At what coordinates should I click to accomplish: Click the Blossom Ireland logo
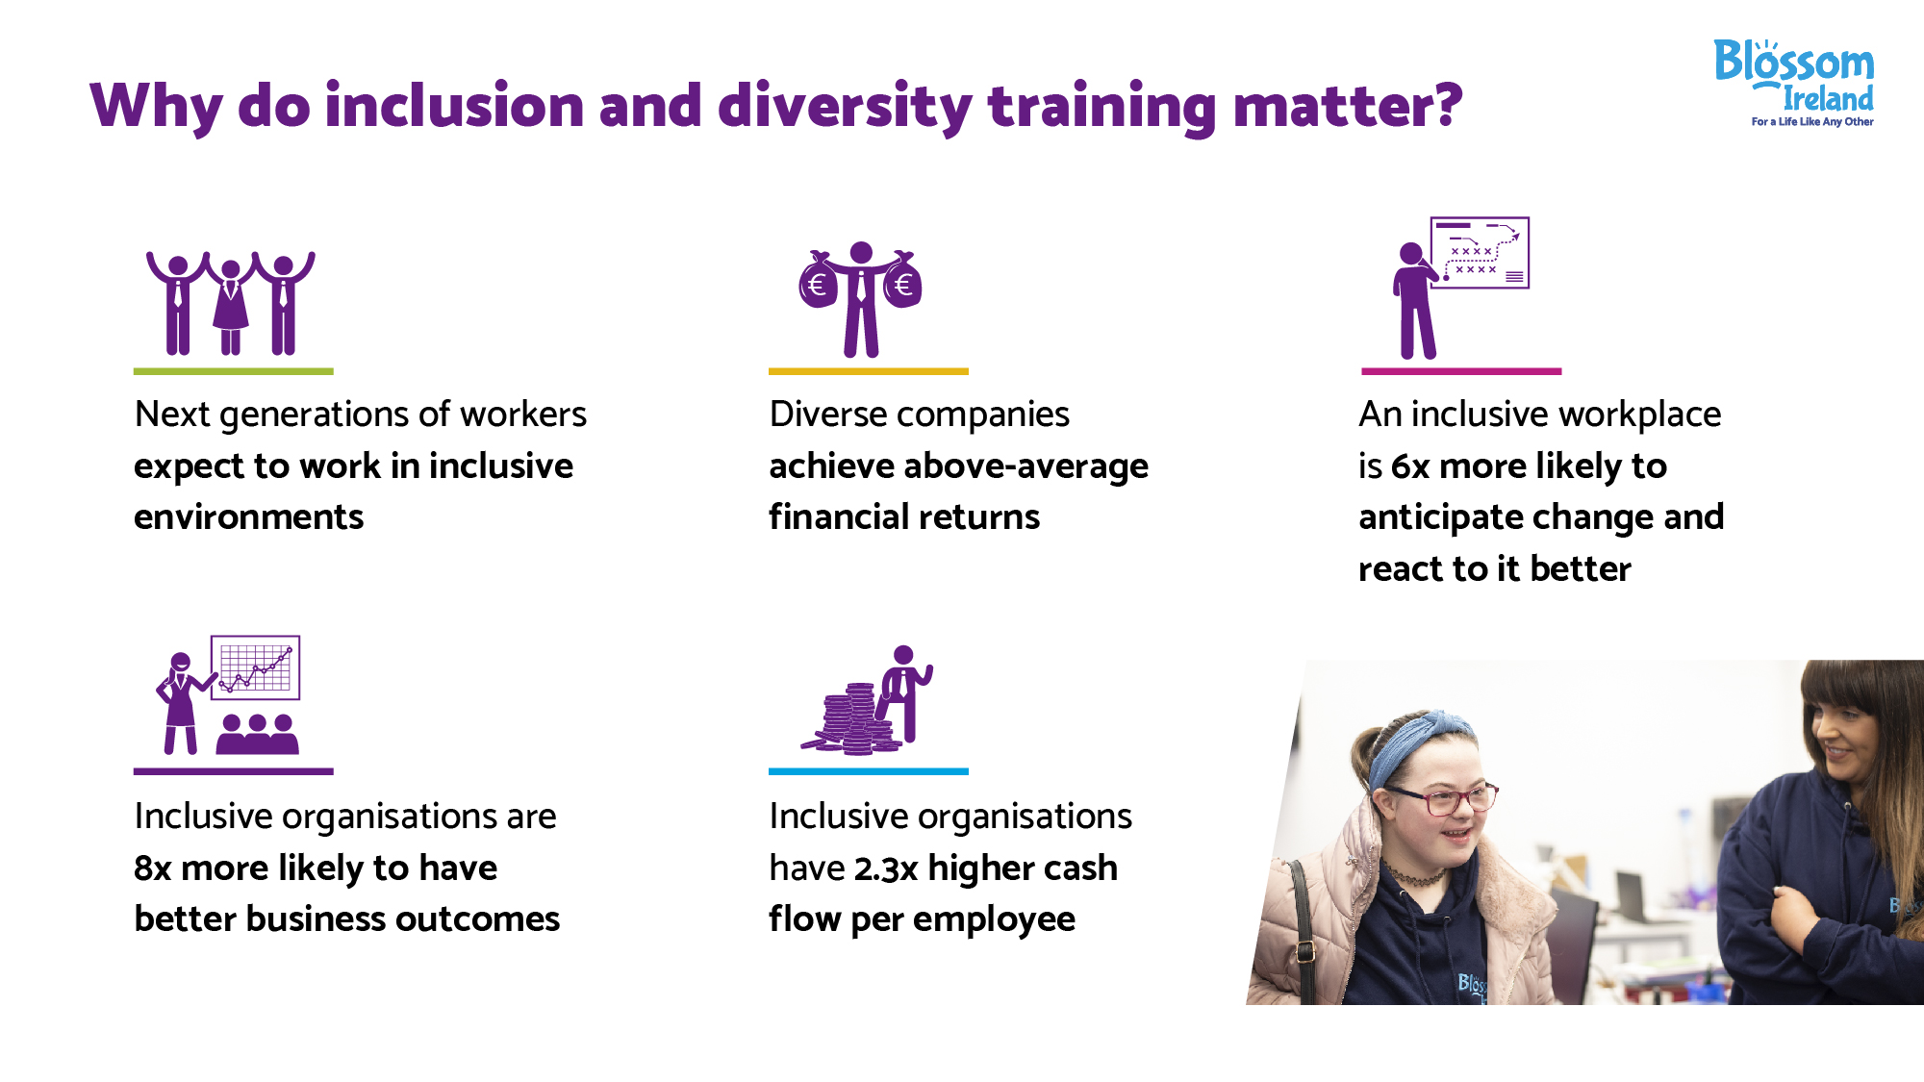[1794, 83]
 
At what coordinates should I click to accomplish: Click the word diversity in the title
[845, 106]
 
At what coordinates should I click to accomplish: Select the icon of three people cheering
[231, 303]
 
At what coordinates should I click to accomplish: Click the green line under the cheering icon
[234, 371]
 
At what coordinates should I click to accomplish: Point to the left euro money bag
[819, 282]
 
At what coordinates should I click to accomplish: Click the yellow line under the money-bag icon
[869, 371]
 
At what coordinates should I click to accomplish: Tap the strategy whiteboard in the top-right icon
[1480, 253]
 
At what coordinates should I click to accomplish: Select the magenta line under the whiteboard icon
[1461, 371]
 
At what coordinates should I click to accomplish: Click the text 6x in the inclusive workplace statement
[1410, 466]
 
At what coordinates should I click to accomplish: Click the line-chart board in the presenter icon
[255, 667]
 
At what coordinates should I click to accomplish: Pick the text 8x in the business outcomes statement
[153, 868]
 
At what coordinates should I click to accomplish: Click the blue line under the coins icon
[869, 771]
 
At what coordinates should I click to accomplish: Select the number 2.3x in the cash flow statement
[886, 868]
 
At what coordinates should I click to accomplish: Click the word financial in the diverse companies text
[832, 517]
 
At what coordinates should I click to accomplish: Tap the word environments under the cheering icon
[249, 517]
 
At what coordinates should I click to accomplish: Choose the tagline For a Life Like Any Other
[1812, 122]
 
